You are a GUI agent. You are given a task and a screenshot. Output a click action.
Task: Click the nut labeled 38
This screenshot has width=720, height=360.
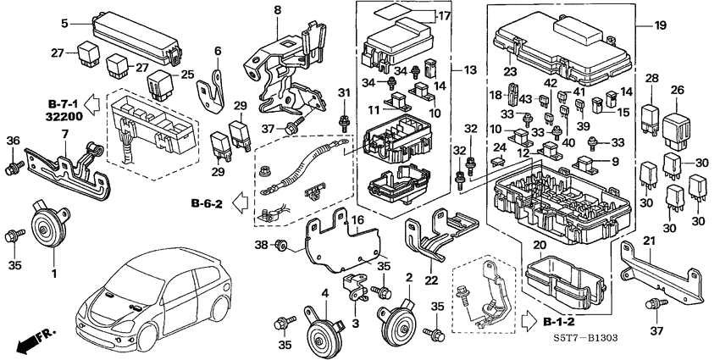coord(283,246)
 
